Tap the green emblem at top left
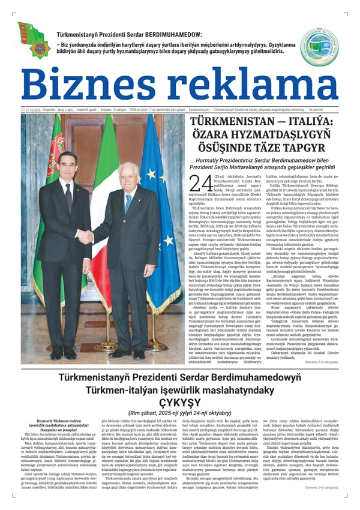[34, 39]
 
